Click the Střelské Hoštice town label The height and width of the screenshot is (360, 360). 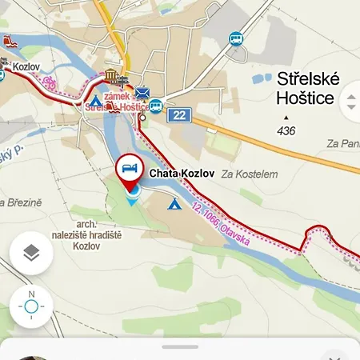[307, 88]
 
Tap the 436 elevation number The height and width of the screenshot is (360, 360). [286, 130]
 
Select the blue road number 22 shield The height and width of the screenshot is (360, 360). [178, 115]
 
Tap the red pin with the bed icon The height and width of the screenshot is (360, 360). [129, 170]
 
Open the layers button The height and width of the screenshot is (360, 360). [31, 254]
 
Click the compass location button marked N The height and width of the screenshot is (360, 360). [31, 306]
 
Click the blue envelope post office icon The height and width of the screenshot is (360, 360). [142, 93]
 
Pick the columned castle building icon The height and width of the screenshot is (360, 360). [111, 76]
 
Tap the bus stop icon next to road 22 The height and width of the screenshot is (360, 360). [156, 106]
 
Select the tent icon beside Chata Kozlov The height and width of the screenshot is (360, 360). [172, 204]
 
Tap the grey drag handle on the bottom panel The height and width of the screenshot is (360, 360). [180, 347]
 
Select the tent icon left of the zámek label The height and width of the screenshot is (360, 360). [95, 102]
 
